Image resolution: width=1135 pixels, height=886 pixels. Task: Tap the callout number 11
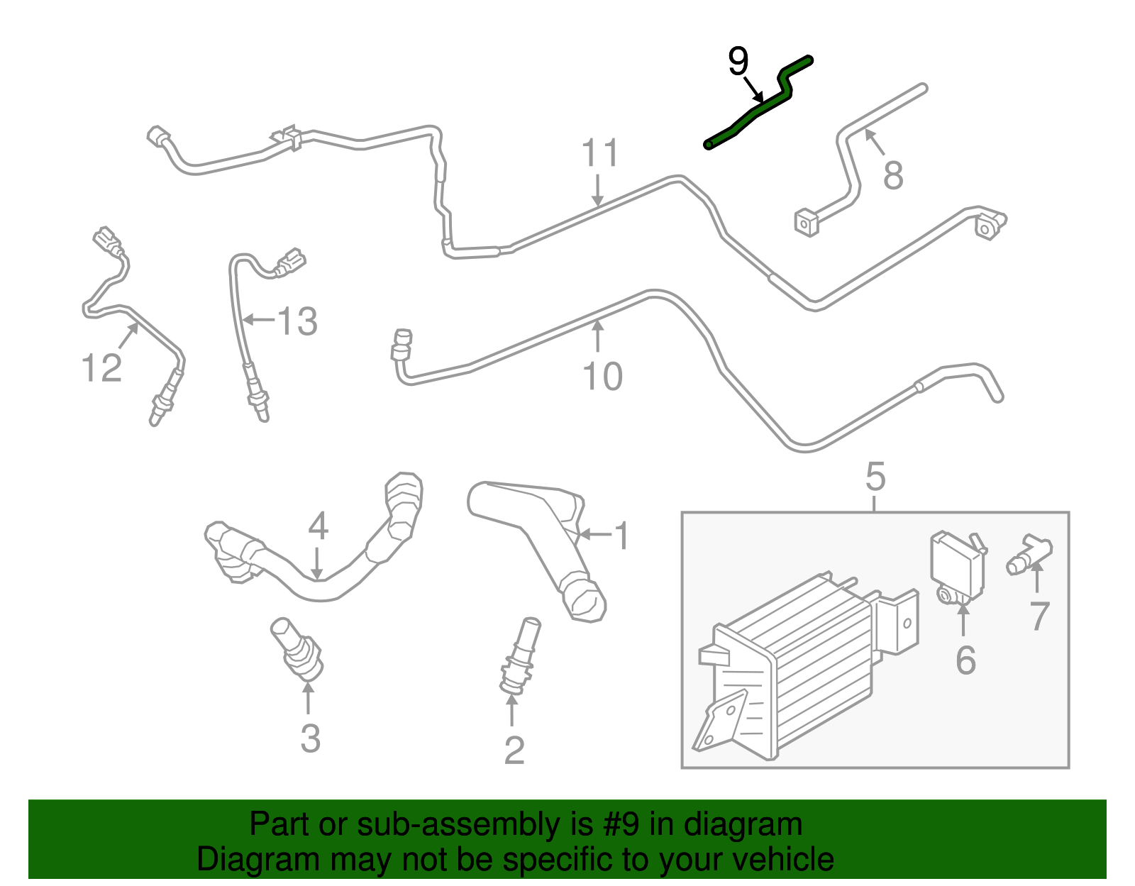pos(600,153)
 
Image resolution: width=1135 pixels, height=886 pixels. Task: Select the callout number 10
pos(602,376)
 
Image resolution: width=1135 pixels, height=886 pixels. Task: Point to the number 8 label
pos(892,175)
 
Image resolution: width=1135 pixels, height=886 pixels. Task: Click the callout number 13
pos(297,321)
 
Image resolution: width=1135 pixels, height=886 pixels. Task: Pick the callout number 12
pos(101,368)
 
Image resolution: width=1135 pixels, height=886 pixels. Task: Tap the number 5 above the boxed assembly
pos(875,477)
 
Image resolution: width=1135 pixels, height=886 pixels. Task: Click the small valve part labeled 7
pos(1029,554)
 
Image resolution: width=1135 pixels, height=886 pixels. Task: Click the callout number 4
pos(318,526)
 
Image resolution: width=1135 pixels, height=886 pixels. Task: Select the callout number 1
pos(621,536)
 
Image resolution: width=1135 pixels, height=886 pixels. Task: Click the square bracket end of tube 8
pos(806,223)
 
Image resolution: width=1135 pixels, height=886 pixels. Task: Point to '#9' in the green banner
pos(623,824)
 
